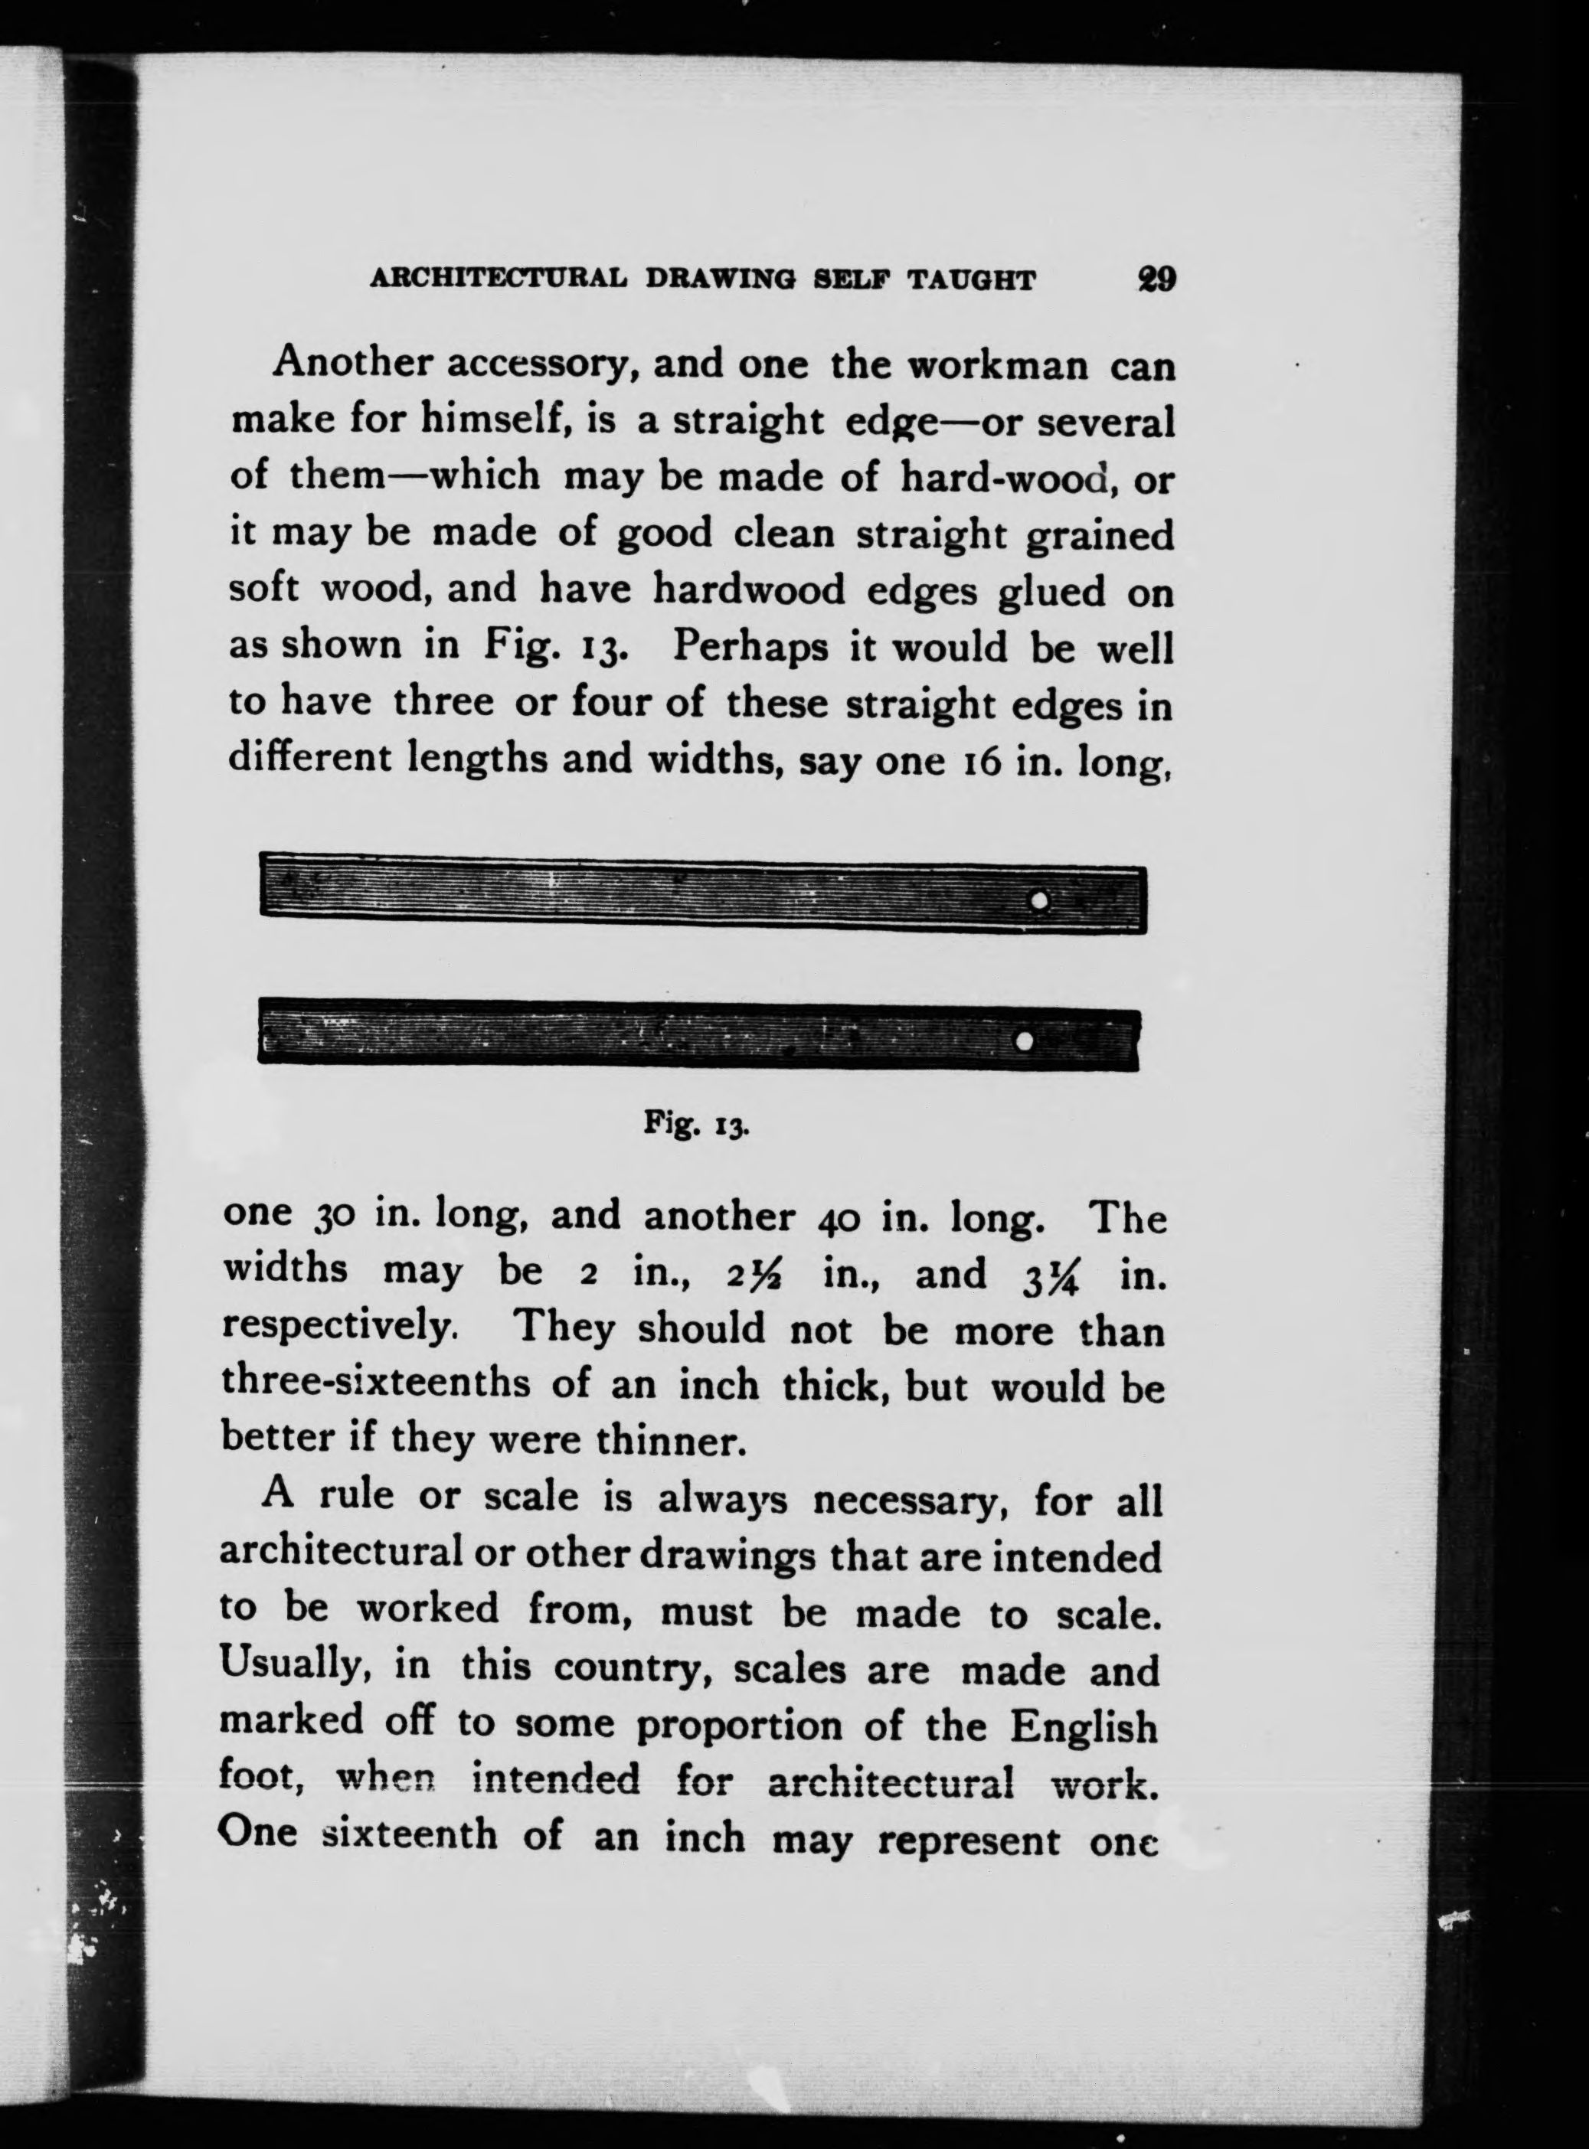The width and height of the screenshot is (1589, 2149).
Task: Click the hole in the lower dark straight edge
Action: coord(1025,1040)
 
